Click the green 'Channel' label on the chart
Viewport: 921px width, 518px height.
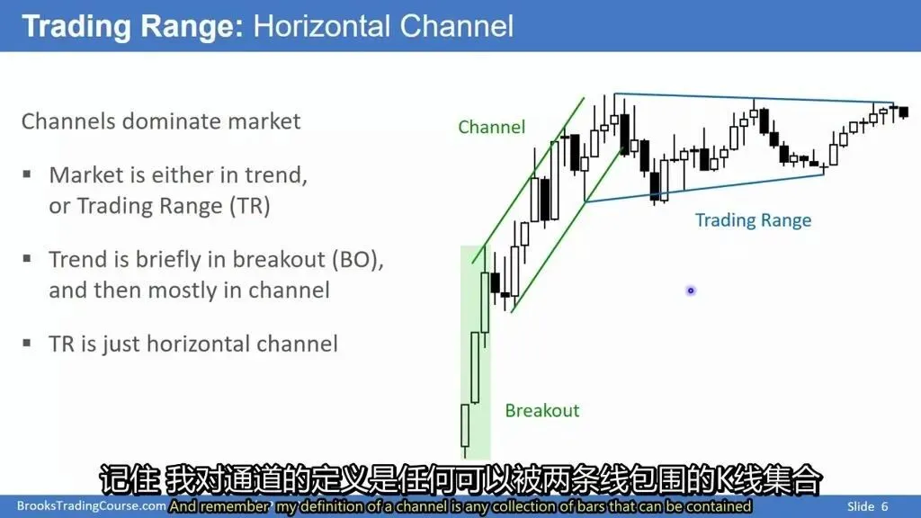click(x=492, y=127)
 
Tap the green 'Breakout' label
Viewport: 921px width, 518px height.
click(x=542, y=410)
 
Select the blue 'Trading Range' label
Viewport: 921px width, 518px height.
click(x=753, y=220)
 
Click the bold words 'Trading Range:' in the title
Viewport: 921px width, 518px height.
click(x=132, y=26)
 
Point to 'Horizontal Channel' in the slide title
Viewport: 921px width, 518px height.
click(x=383, y=26)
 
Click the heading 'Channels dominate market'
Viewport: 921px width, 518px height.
click(x=161, y=121)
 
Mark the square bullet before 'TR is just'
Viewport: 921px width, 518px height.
click(x=27, y=343)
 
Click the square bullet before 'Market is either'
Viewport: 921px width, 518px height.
click(x=27, y=174)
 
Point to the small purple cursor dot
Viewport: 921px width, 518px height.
click(x=691, y=290)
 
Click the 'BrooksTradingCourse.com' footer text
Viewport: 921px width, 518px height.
click(x=91, y=505)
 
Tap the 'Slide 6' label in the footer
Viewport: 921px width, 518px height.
click(x=868, y=506)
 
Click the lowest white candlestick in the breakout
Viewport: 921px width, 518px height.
click(x=465, y=425)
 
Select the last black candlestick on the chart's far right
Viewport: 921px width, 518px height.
click(x=903, y=112)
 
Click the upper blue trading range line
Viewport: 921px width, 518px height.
click(x=754, y=98)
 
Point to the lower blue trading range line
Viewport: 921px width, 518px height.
click(x=705, y=187)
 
